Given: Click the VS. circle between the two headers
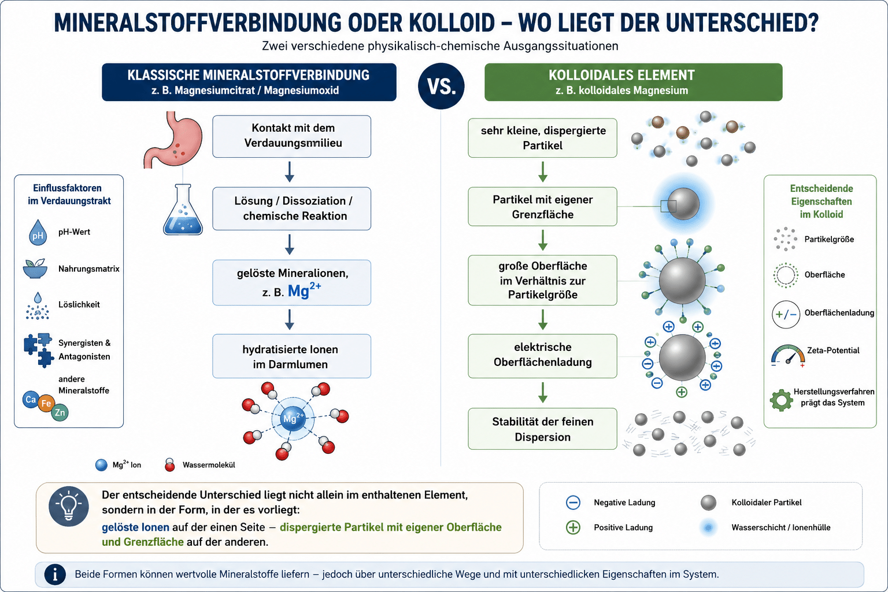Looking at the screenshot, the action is pos(441,86).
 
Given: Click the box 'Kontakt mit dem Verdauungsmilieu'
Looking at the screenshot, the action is pos(292,136).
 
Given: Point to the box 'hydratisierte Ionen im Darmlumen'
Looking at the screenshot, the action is pos(292,356).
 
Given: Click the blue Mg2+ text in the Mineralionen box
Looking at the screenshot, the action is pos(304,290).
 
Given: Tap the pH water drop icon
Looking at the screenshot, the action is pos(38,232).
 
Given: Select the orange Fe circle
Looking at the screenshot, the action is pos(46,404).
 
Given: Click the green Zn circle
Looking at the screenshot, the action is pos(60,413).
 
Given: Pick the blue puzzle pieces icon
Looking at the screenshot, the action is pos(39,350).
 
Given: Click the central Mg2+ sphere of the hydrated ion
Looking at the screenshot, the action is pos(293,419).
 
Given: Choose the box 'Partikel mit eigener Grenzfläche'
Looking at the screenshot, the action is pos(542,206).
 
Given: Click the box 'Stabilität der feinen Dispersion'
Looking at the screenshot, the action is pos(542,429).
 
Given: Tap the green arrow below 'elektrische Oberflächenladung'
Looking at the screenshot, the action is pos(543,393).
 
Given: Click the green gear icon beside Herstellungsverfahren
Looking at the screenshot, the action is pos(782,400).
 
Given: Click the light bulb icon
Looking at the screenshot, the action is pos(69,506).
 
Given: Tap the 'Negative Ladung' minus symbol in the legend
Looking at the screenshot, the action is pos(573,502).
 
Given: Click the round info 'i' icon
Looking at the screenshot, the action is pos(55,574).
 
